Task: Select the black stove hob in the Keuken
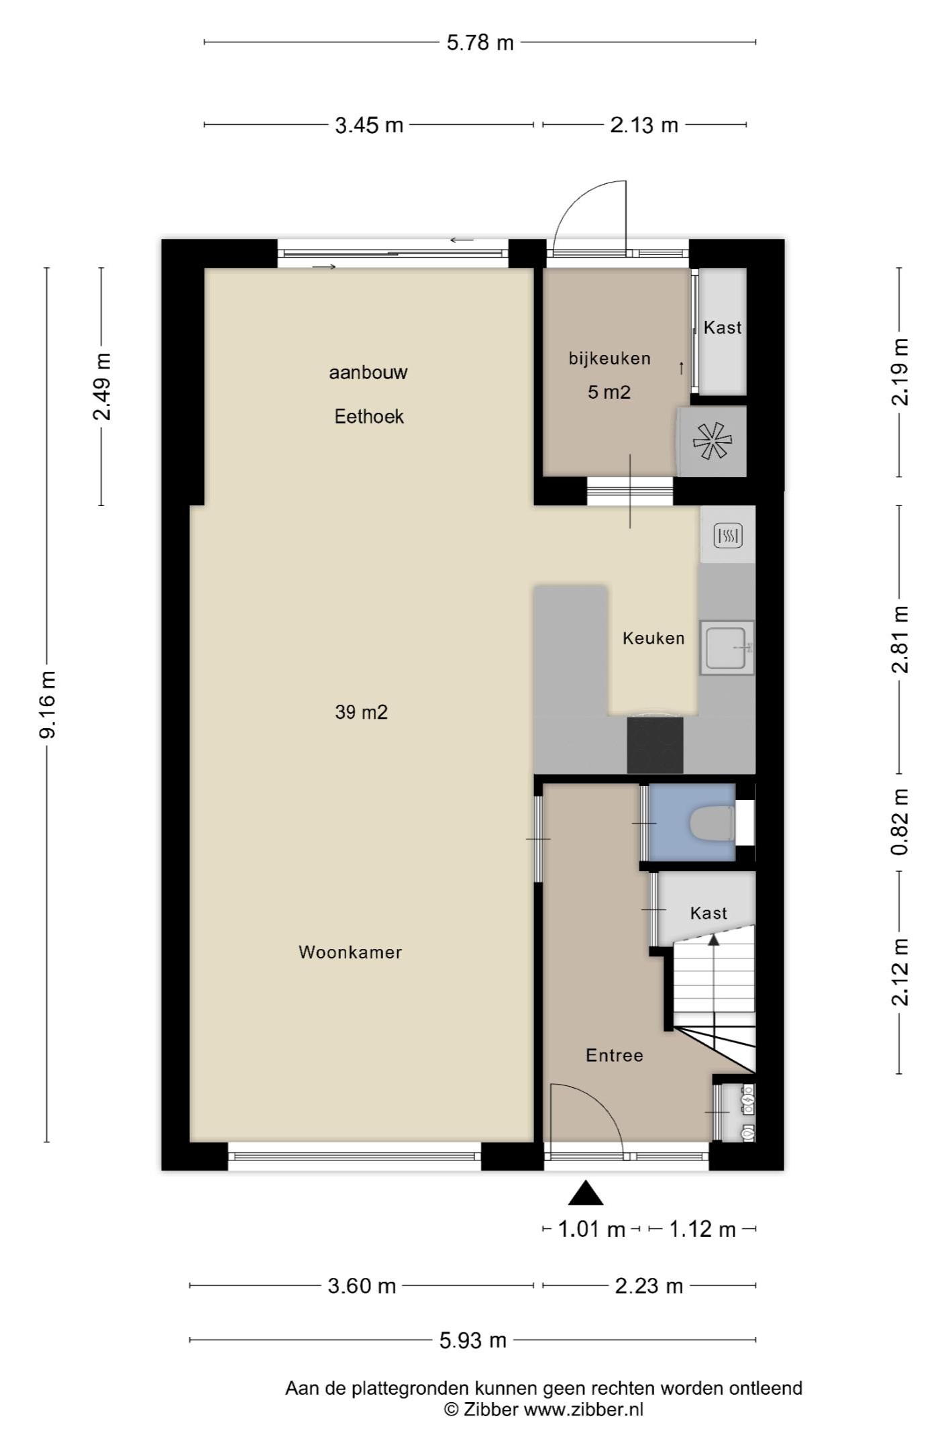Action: [655, 745]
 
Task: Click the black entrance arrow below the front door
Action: [586, 1193]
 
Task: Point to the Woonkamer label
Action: [350, 952]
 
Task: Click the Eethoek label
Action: [369, 417]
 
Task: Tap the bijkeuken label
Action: [610, 358]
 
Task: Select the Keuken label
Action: [653, 638]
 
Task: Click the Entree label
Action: [615, 1056]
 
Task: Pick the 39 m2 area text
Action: [362, 712]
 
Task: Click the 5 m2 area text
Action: [609, 392]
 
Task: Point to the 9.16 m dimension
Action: [48, 704]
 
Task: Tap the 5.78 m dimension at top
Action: [480, 43]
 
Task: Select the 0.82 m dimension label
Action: [900, 822]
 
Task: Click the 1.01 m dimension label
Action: [592, 1230]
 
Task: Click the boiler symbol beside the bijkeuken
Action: [712, 441]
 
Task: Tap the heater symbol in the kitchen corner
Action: [728, 535]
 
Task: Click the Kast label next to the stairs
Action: [708, 913]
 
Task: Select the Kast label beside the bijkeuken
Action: [723, 328]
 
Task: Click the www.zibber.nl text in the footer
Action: [584, 1409]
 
